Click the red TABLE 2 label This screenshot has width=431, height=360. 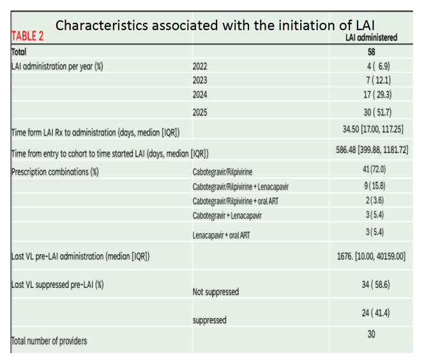point(27,36)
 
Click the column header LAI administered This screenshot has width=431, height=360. point(372,38)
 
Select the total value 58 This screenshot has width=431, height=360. point(372,52)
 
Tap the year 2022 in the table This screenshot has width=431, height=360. point(200,66)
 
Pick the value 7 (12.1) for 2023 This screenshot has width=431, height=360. point(379,80)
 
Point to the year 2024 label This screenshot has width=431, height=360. point(200,95)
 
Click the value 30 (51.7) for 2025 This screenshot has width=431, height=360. point(377,112)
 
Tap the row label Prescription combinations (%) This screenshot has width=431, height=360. point(55,172)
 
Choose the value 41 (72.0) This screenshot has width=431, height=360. point(374,169)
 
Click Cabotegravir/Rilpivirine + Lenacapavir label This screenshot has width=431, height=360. point(241,187)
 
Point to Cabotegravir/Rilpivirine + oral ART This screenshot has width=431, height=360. point(236,201)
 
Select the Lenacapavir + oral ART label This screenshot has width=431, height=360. point(222,236)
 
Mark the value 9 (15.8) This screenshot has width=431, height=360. point(375,186)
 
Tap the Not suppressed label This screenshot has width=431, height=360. point(216,292)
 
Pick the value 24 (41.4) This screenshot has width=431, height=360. point(375,313)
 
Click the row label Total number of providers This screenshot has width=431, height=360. point(49,341)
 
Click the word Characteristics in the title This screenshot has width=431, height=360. point(102,26)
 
